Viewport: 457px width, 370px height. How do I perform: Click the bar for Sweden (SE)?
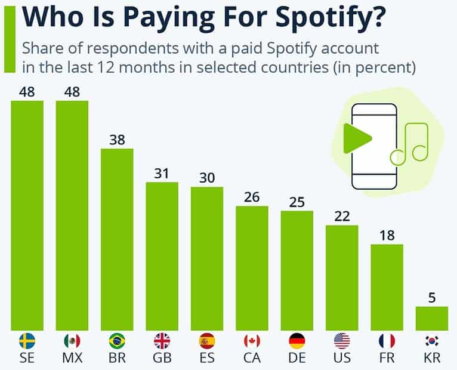pos(27,215)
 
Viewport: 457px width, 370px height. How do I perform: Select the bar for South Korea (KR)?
pos(431,318)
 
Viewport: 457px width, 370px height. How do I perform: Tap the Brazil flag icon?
pos(117,341)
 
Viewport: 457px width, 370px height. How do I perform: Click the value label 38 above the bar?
pos(117,140)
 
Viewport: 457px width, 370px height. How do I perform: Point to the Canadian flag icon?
pos(252,341)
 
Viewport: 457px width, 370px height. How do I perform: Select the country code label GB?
pos(162,359)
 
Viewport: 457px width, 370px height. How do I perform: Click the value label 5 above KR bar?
pos(431,297)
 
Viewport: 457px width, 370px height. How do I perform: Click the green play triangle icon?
pos(357,138)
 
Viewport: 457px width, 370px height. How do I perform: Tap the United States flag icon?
pos(342,341)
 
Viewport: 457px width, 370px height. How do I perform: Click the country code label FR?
pos(387,359)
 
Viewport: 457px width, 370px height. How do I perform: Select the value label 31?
pos(162,173)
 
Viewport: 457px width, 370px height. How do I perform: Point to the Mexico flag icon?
pos(72,341)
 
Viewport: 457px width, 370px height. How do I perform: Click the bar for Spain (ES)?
pos(206,258)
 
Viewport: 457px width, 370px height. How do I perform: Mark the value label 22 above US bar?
pos(342,216)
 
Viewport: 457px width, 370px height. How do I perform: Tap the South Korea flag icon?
pos(431,341)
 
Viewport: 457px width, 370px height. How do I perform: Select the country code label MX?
pos(72,359)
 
